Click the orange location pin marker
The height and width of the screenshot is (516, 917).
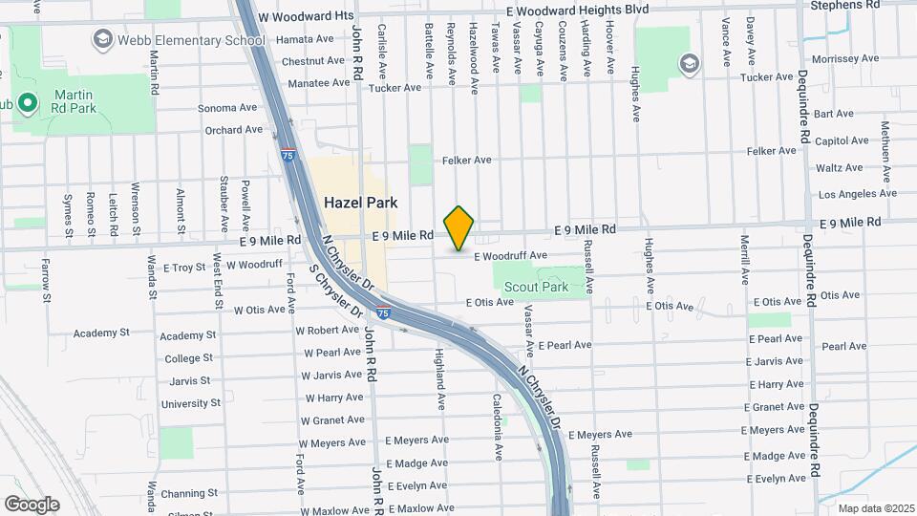459,228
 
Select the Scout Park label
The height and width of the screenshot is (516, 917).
536,287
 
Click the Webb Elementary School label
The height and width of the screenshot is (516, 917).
191,40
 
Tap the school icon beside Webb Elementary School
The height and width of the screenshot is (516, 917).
102,39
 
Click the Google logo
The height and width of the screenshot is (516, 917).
32,505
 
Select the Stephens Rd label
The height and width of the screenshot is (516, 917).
844,6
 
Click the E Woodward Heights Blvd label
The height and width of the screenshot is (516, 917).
577,9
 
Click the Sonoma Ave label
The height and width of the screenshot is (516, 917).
228,108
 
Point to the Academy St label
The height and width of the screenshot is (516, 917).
101,334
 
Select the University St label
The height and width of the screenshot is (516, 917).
191,404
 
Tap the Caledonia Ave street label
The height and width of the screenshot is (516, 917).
498,426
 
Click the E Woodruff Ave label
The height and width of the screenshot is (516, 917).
508,256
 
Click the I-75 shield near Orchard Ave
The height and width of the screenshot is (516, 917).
288,153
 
